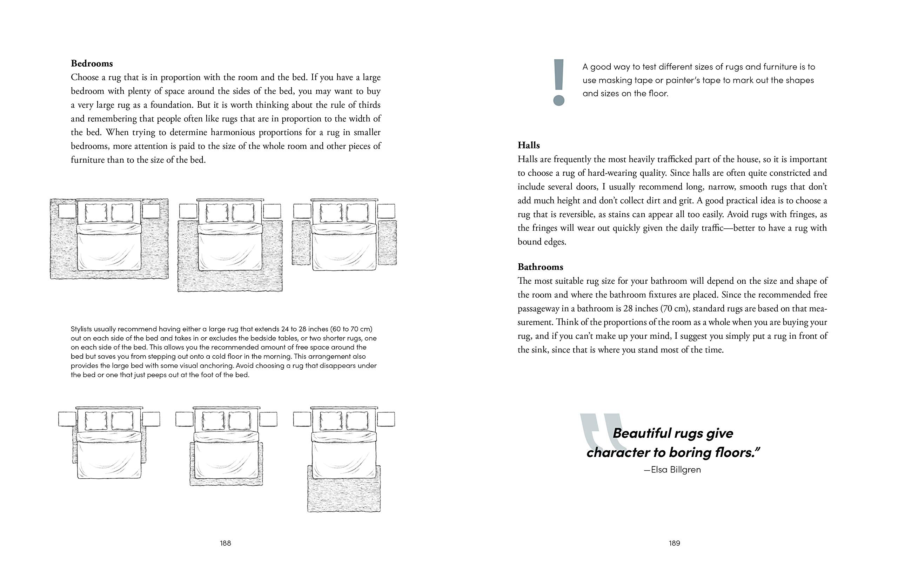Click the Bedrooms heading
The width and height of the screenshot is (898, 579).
click(x=92, y=63)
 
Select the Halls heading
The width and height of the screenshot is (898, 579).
click(x=528, y=145)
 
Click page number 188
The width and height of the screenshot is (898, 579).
click(x=225, y=543)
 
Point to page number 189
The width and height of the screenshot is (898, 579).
click(x=674, y=543)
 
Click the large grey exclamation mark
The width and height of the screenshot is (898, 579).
click(x=559, y=82)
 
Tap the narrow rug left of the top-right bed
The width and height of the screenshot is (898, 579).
click(x=301, y=242)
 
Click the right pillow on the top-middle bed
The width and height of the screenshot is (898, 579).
click(x=242, y=213)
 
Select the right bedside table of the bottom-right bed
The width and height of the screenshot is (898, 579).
click(x=386, y=419)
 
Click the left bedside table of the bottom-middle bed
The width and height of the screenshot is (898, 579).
click(x=184, y=419)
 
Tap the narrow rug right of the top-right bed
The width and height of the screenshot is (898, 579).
click(x=387, y=242)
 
